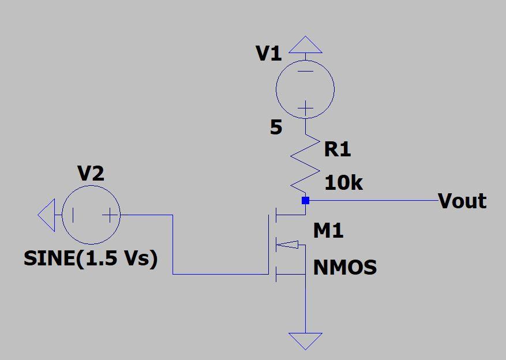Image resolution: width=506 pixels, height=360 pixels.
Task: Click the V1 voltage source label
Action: click(268, 54)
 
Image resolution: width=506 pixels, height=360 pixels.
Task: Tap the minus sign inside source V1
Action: click(305, 72)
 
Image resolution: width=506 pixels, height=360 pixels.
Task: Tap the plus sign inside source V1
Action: click(305, 108)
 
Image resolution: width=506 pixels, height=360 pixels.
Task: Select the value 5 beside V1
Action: click(276, 127)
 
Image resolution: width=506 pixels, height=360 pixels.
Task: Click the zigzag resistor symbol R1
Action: click(305, 164)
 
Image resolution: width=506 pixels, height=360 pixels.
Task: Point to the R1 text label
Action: click(338, 149)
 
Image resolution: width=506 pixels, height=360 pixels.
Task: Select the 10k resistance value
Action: click(343, 183)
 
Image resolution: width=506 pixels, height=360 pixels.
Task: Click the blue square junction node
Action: click(305, 201)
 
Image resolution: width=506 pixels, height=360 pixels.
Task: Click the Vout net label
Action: click(462, 201)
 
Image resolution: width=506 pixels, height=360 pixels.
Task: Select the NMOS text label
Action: click(345, 268)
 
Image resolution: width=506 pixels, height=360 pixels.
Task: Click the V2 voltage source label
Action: click(91, 173)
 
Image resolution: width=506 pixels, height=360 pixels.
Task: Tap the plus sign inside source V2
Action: click(109, 215)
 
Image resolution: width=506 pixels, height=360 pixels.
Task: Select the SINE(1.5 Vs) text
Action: click(91, 258)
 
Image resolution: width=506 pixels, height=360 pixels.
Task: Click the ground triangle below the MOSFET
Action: click(305, 340)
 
